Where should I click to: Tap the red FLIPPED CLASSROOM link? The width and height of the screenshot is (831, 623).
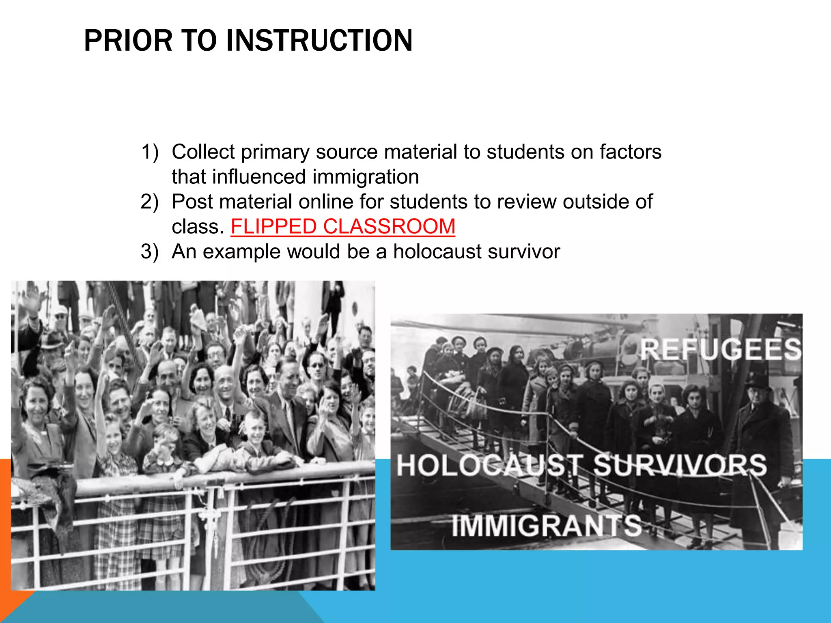(x=343, y=226)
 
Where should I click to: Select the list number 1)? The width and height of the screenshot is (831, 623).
(x=150, y=152)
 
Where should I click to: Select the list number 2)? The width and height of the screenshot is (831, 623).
(x=150, y=202)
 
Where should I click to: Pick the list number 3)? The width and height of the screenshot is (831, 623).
(x=150, y=251)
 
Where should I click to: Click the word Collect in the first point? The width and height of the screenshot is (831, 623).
(x=203, y=152)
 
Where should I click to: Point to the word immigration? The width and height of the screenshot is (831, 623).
(x=366, y=177)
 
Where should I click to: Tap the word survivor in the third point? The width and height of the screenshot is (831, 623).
(x=524, y=251)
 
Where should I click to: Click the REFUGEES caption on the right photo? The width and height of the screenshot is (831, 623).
(x=721, y=349)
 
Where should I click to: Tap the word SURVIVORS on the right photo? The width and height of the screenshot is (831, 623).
(x=680, y=465)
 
